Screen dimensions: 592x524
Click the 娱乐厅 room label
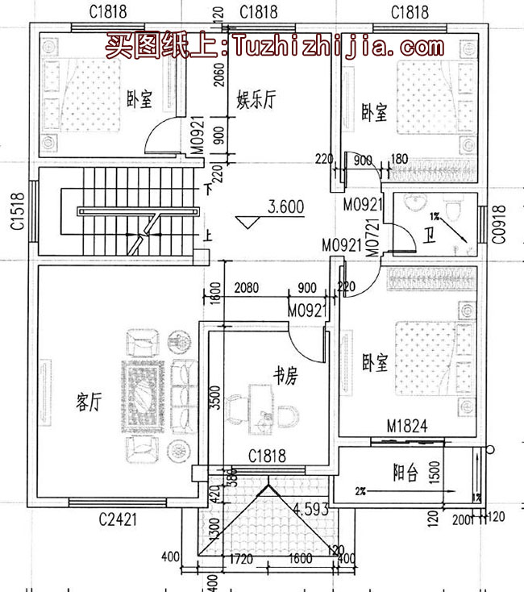tap(256, 100)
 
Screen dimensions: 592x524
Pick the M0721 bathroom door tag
tap(373, 240)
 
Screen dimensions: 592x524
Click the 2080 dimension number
tap(247, 288)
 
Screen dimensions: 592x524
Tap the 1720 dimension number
tap(242, 557)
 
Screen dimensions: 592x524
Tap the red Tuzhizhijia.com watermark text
tap(274, 45)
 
